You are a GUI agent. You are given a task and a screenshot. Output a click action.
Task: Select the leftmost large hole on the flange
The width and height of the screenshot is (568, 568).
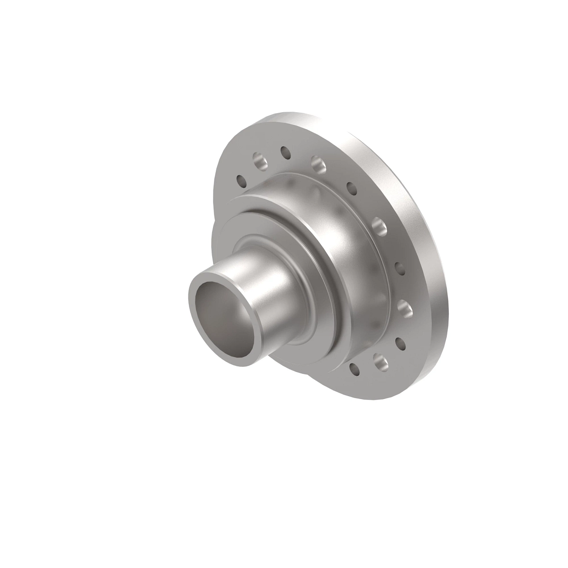(x=260, y=161)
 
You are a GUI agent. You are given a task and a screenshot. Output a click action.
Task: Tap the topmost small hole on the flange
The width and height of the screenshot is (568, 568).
(x=285, y=152)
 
